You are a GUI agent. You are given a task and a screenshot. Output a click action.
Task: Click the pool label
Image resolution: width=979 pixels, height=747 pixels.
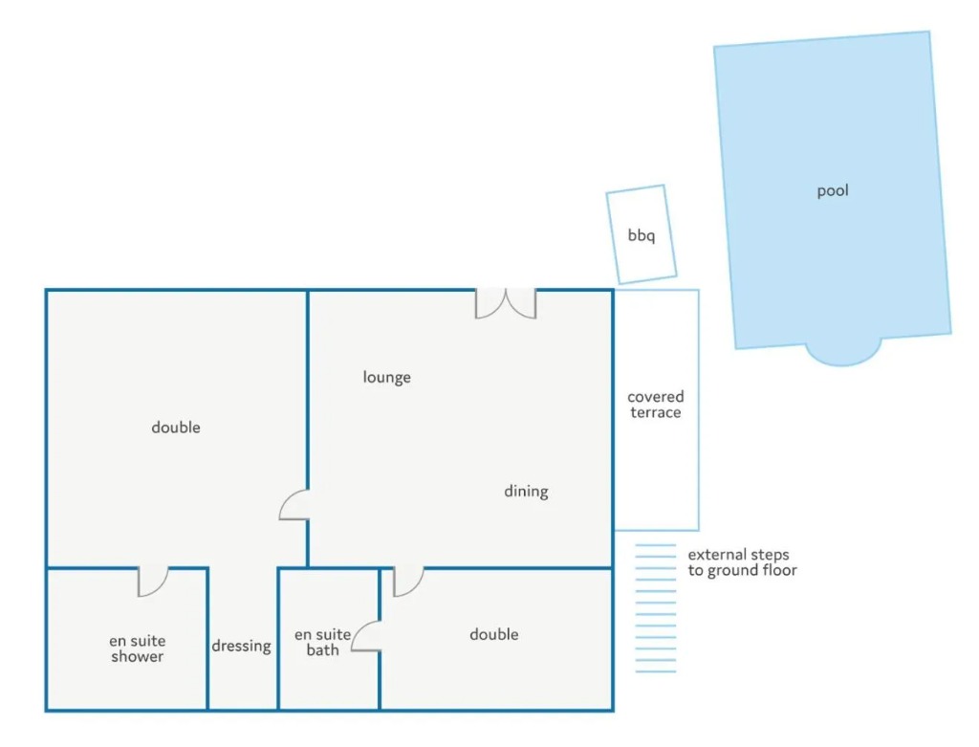pos(833,191)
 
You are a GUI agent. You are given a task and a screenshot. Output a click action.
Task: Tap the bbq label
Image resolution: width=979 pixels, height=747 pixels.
pos(642,235)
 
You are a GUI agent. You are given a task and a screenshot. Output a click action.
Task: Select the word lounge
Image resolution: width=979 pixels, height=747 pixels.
pos(386,377)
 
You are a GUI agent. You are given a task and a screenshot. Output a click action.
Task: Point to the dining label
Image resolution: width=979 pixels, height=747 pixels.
pos(527,492)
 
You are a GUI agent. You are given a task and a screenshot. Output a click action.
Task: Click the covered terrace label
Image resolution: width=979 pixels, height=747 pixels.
pos(656,404)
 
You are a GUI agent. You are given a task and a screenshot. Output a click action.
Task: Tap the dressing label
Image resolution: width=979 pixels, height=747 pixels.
pos(242,646)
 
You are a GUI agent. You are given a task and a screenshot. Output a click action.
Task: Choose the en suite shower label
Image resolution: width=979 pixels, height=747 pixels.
pos(138,648)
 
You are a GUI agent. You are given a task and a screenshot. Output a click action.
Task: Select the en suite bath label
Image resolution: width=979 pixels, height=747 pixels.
pos(323,642)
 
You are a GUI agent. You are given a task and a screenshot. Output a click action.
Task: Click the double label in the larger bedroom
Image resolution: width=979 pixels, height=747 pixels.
pos(176,428)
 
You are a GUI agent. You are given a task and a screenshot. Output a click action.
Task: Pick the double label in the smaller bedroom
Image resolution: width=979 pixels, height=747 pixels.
pos(494,634)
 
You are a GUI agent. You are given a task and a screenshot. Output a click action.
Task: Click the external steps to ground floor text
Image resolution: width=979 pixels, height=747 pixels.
pos(742,562)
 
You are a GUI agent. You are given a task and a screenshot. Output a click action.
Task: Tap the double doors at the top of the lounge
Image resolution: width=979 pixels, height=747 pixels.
pos(506,304)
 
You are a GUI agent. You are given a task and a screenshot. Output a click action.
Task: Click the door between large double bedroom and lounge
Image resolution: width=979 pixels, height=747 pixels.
pos(294,505)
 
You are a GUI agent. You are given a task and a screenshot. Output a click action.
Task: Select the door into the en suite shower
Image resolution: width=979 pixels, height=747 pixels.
pos(153,582)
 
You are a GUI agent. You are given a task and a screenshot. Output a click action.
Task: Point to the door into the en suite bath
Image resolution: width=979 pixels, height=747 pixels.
pos(366,636)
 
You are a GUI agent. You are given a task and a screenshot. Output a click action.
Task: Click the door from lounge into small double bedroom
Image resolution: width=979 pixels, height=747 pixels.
pos(408,582)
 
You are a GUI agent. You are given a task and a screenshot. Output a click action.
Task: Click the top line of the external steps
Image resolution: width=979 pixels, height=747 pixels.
pos(656,545)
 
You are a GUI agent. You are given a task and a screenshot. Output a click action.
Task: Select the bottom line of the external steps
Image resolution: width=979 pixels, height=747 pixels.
pos(656,671)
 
